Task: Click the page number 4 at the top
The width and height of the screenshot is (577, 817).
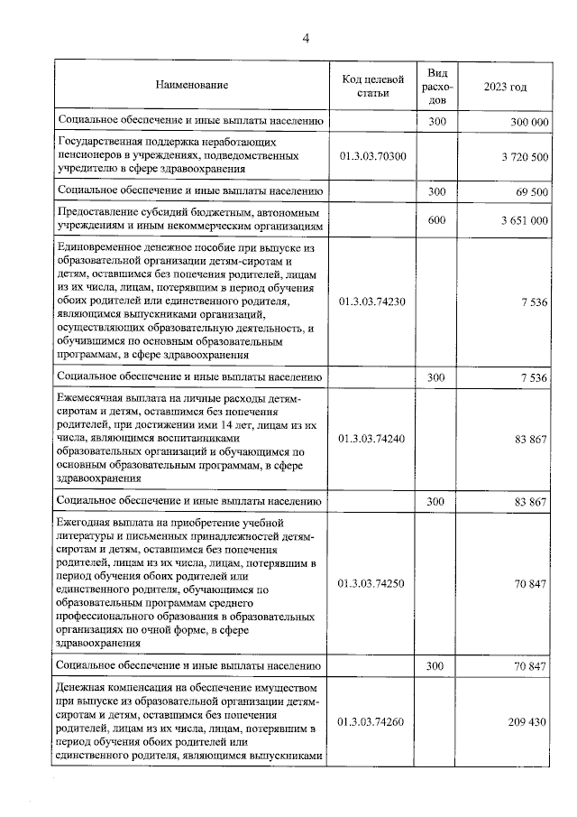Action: click(x=306, y=37)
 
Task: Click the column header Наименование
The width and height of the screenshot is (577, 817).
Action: click(x=191, y=86)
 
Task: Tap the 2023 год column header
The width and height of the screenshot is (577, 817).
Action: click(x=505, y=86)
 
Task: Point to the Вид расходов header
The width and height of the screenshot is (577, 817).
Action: click(x=436, y=86)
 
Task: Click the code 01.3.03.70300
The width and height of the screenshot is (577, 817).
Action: click(x=372, y=156)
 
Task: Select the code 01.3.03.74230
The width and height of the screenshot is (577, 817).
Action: click(x=372, y=302)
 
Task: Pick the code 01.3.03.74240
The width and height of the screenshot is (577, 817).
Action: click(x=372, y=439)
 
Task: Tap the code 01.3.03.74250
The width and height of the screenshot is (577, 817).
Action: click(x=372, y=584)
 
